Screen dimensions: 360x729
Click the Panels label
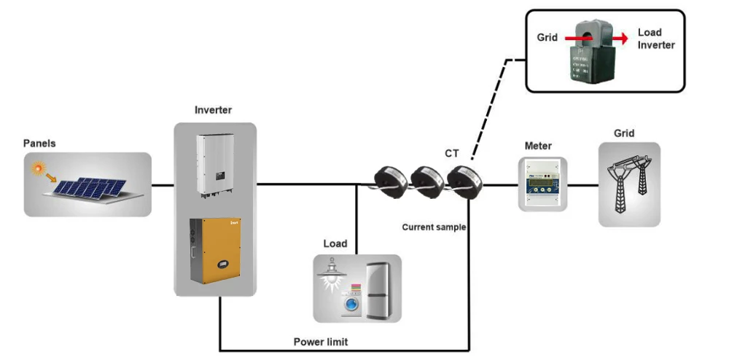(39, 144)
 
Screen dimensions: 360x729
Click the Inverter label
(213, 110)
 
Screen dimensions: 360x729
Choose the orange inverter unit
(216, 250)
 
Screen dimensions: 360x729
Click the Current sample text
(434, 227)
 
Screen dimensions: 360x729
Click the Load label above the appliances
(335, 243)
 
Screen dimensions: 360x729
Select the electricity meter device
(542, 184)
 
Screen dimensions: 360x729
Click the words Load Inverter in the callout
(655, 39)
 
